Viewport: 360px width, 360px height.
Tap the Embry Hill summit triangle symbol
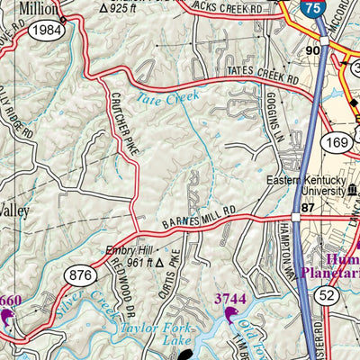159,264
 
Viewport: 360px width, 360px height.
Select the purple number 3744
230,298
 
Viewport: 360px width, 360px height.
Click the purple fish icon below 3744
231,316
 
